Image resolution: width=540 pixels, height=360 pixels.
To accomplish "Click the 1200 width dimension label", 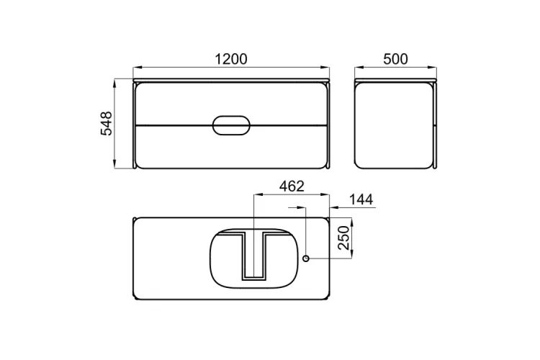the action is pyautogui.click(x=230, y=59).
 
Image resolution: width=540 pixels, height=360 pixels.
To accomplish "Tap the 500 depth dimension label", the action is pyautogui.click(x=395, y=59).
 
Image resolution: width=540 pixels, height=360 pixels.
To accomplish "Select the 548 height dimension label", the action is pyautogui.click(x=107, y=124).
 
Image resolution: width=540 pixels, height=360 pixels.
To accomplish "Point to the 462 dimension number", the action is pyautogui.click(x=292, y=186).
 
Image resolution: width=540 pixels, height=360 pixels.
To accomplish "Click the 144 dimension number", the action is pyautogui.click(x=361, y=199).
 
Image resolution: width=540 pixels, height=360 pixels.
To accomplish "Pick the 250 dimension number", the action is pyautogui.click(x=343, y=238).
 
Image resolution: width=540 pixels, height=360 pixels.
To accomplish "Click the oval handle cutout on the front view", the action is pyautogui.click(x=231, y=125).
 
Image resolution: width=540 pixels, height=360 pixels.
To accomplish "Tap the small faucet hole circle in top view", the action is pyautogui.click(x=306, y=258).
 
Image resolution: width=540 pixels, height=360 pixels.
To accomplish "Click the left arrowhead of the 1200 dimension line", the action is pyautogui.click(x=137, y=68).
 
